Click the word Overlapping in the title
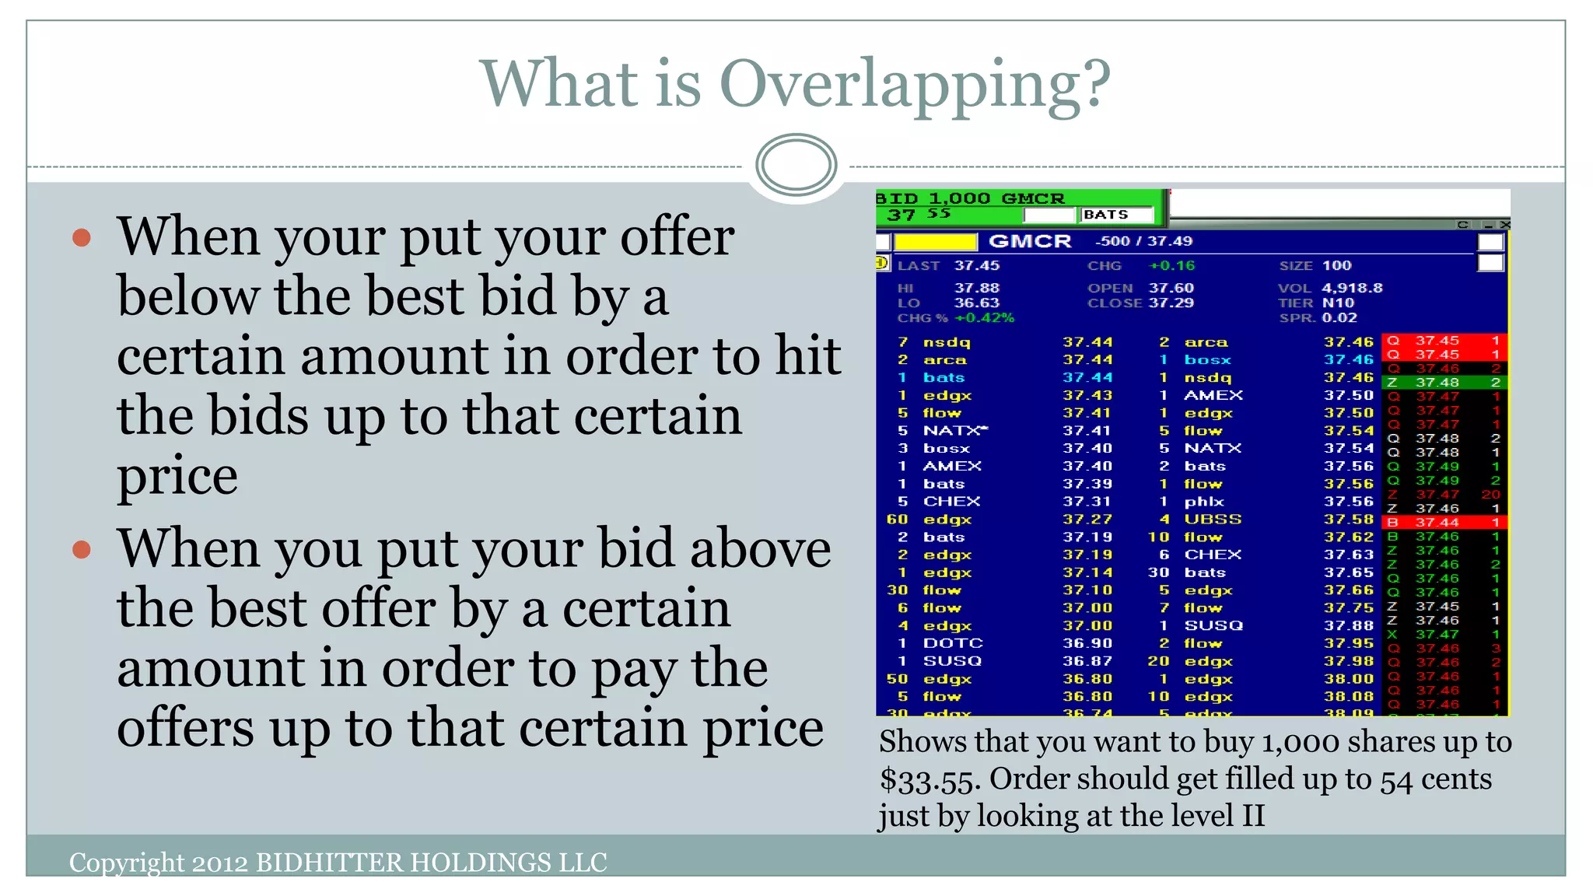pos(916,84)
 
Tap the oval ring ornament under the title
pos(796,164)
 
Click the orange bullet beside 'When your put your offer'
pos(82,237)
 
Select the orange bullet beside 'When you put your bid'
pos(82,550)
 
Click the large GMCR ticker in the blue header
pos(1029,242)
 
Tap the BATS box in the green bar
pos(1115,215)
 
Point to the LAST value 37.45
pos(977,266)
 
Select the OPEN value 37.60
pos(1171,289)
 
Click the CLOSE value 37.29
pos(1171,303)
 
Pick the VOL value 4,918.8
pos(1352,289)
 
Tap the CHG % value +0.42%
pos(984,318)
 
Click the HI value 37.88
pos(977,289)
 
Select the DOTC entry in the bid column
pos(953,643)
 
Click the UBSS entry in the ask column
pos(1213,520)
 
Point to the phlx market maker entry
pos(1203,502)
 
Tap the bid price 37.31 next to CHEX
pos(1087,502)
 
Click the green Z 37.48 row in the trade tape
pos(1444,383)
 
